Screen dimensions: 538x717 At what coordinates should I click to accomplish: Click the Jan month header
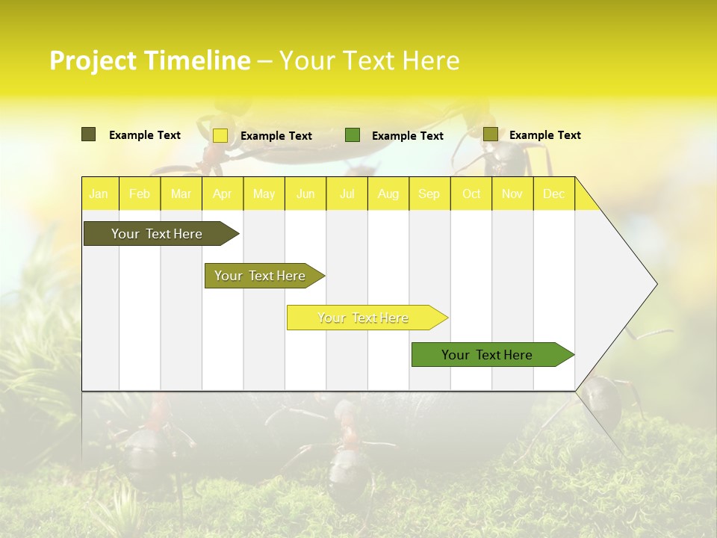pos(99,194)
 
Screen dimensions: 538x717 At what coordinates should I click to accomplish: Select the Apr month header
pos(223,194)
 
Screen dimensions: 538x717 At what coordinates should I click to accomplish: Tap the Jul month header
pos(347,194)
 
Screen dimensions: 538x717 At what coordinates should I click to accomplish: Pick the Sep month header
pos(429,194)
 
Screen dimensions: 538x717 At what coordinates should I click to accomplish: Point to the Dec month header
pos(554,194)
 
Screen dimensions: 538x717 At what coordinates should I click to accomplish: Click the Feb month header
pos(140,194)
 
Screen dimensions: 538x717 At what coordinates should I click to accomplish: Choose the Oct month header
pos(471,194)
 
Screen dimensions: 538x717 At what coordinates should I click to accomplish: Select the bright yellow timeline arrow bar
pos(364,318)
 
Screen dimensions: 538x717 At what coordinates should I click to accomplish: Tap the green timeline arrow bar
pos(488,355)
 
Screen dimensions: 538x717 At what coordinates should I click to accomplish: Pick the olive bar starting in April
pos(261,276)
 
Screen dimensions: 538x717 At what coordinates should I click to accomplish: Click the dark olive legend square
pos(88,134)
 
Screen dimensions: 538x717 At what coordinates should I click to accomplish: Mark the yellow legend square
pos(220,135)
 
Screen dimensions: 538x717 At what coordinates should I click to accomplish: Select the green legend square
pos(353,134)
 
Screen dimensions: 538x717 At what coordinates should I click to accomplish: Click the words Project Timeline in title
pos(149,61)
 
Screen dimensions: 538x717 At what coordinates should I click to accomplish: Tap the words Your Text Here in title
pos(369,61)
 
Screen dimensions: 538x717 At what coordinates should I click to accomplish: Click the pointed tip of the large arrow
pos(655,284)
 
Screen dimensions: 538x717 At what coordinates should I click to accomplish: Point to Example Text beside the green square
pos(408,135)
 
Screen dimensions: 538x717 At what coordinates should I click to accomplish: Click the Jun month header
pos(305,194)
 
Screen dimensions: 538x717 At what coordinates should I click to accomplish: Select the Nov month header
pos(512,194)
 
